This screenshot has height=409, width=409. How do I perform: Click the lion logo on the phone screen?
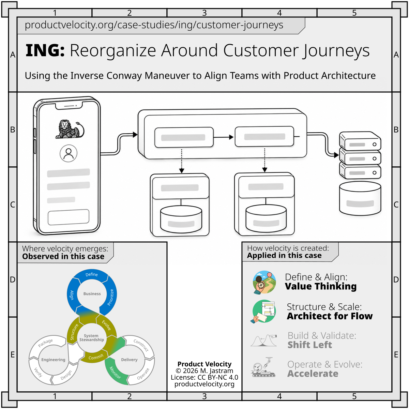point(70,129)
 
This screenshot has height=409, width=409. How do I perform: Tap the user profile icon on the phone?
point(69,153)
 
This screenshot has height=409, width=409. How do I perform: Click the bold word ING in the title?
point(45,50)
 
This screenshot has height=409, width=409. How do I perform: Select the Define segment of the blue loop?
point(92,275)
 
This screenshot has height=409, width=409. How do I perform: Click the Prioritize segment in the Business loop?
point(110,298)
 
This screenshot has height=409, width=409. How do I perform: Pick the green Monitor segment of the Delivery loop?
point(115,372)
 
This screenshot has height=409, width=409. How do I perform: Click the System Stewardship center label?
point(92,337)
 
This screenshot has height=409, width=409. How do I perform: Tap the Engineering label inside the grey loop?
point(53,360)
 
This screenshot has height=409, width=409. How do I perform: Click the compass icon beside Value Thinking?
point(264,282)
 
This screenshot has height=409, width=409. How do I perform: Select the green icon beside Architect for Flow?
point(264,312)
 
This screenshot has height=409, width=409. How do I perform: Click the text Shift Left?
point(310,345)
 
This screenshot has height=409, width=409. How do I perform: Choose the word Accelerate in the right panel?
point(313,374)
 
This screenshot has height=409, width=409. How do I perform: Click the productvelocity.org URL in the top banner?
point(154,25)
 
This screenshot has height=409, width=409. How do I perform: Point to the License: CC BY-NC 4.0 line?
point(204,377)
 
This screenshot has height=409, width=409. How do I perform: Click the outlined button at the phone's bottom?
point(69,217)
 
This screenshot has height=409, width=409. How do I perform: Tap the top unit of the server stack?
point(360,141)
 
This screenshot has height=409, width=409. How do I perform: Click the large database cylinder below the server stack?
point(360,198)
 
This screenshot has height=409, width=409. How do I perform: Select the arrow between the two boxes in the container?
point(224,137)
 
